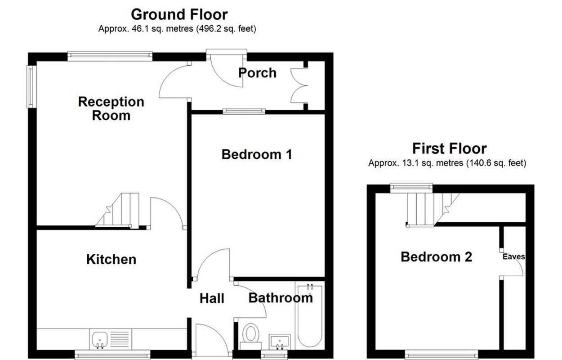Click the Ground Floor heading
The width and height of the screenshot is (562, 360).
coord(179,14)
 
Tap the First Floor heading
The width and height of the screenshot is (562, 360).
coord(449,148)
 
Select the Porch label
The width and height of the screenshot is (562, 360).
coord(257,73)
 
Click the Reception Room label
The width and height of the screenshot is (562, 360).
coord(111,109)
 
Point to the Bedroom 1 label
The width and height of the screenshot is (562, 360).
coord(257,154)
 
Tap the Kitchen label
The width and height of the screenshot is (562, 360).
coord(111,259)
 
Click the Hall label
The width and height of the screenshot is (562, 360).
coord(212,298)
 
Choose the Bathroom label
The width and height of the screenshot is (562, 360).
coord(281,298)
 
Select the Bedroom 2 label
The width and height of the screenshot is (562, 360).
coord(436,257)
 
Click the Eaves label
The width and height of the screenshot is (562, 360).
coord(513,256)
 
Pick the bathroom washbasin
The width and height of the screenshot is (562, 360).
coord(280,342)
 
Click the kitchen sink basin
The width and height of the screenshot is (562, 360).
coord(100,339)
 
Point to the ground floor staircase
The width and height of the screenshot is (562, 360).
coord(117,211)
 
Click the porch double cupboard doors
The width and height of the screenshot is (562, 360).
coord(299,85)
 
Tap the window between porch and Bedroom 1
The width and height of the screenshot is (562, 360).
coord(244,111)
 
